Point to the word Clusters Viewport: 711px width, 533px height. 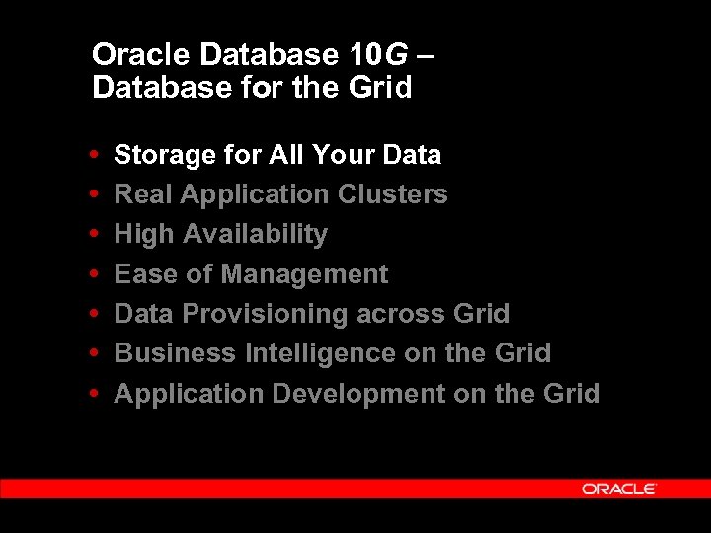pos(393,194)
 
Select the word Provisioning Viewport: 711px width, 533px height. pos(259,315)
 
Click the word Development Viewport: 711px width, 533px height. pos(358,394)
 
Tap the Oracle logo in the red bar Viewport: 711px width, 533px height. pos(619,489)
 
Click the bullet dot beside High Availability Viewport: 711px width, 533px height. pos(92,235)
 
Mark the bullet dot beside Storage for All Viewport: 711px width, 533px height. pos(92,155)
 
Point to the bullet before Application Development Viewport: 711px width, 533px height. pos(92,394)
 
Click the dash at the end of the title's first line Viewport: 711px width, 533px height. pos(425,56)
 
